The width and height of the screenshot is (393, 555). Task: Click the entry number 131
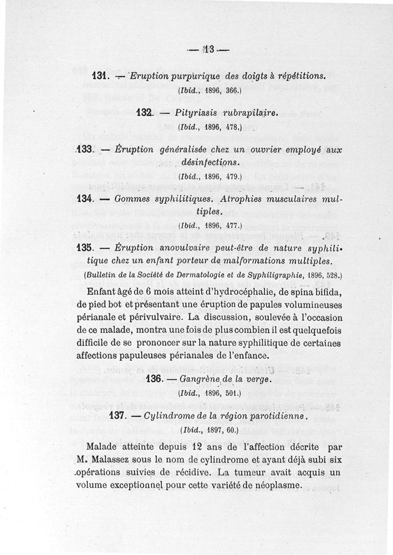coord(100,76)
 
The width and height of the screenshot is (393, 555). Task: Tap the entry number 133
coord(86,149)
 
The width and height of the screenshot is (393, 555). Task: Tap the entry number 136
coord(156,380)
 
